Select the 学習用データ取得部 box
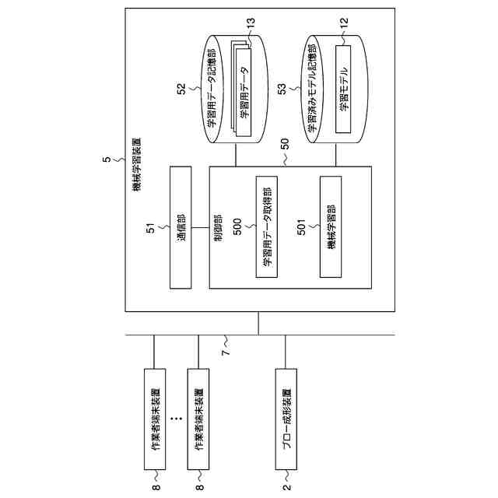click(267, 228)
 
